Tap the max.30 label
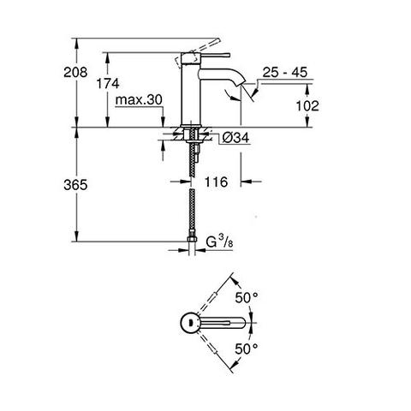coord(140,100)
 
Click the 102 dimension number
coord(307,105)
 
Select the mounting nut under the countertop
coord(189,135)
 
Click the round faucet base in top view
coord(186,323)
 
